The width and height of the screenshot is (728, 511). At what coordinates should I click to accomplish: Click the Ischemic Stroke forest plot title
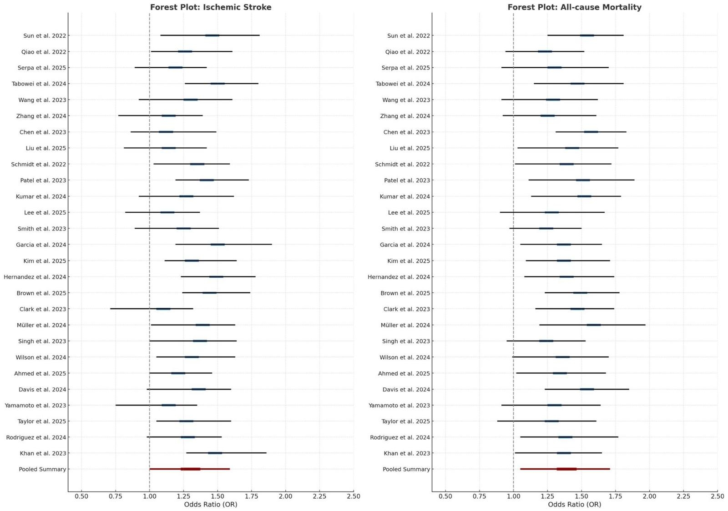(211, 7)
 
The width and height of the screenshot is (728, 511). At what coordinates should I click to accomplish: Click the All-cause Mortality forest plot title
(574, 7)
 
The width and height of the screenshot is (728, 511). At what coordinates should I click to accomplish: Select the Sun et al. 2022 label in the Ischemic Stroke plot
(45, 36)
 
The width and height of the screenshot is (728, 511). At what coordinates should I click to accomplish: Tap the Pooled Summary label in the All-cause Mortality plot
(406, 470)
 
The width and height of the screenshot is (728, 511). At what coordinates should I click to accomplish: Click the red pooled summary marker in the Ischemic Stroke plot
(190, 469)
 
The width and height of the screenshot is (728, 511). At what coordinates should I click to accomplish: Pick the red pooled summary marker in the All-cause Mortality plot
(566, 469)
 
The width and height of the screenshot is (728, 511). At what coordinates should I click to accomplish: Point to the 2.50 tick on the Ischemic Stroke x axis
(353, 496)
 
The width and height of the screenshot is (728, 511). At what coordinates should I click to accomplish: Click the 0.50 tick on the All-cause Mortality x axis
(445, 496)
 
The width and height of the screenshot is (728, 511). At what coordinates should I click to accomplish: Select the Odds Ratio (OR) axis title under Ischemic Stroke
(211, 505)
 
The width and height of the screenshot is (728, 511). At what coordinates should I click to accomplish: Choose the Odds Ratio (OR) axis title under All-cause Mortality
(574, 505)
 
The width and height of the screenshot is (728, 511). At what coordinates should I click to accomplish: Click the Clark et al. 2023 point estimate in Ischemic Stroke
(163, 309)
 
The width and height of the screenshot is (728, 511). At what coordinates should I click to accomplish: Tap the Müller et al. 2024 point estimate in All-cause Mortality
(593, 325)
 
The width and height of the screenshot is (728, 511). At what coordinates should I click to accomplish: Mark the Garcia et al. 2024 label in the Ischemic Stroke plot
(41, 245)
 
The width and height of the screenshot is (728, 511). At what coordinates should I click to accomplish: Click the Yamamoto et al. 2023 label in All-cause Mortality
(399, 406)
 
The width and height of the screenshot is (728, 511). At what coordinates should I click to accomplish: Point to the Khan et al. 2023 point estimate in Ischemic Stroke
(215, 453)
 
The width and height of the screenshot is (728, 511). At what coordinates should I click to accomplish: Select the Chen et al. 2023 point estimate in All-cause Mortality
(591, 132)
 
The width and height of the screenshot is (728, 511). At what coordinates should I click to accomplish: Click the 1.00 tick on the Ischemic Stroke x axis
(149, 496)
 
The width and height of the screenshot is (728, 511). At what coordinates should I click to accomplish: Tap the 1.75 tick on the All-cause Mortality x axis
(615, 496)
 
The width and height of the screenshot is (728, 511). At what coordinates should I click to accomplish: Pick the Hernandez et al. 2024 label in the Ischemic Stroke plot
(35, 277)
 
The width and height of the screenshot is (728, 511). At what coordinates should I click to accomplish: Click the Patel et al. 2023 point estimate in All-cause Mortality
(582, 180)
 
